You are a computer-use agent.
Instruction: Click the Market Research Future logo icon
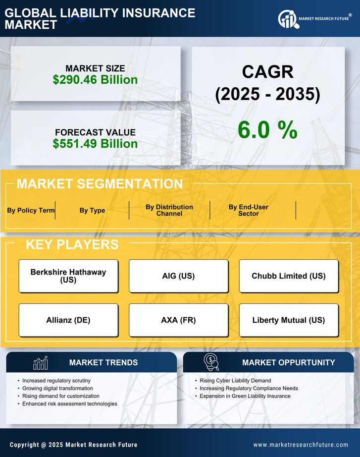pyautogui.click(x=287, y=19)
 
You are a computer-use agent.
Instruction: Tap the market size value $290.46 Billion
pyautogui.click(x=95, y=79)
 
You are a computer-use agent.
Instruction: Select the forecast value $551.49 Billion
pyautogui.click(x=95, y=144)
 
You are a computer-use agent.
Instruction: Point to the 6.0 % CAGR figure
pyautogui.click(x=267, y=130)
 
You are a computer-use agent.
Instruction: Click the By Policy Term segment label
pyautogui.click(x=31, y=210)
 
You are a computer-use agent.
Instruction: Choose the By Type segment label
pyautogui.click(x=92, y=210)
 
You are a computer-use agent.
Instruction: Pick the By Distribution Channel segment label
pyautogui.click(x=169, y=210)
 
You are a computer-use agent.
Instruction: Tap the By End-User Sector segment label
pyautogui.click(x=248, y=210)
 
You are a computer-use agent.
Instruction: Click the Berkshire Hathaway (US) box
pyautogui.click(x=68, y=276)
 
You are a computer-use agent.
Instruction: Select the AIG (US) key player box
pyautogui.click(x=179, y=276)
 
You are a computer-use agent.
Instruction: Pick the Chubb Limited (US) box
pyautogui.click(x=289, y=276)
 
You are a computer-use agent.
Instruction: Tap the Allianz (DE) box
pyautogui.click(x=68, y=320)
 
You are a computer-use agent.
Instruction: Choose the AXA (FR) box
pyautogui.click(x=179, y=320)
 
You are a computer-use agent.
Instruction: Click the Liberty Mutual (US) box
pyautogui.click(x=289, y=320)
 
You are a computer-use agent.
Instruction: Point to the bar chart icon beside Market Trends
pyautogui.click(x=40, y=363)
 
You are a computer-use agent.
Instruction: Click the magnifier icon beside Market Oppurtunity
pyautogui.click(x=211, y=362)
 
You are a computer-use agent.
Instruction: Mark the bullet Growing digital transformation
pyautogui.click(x=57, y=389)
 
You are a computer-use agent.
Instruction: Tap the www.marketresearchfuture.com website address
pyautogui.click(x=301, y=445)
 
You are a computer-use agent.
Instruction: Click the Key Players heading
pyautogui.click(x=72, y=244)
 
